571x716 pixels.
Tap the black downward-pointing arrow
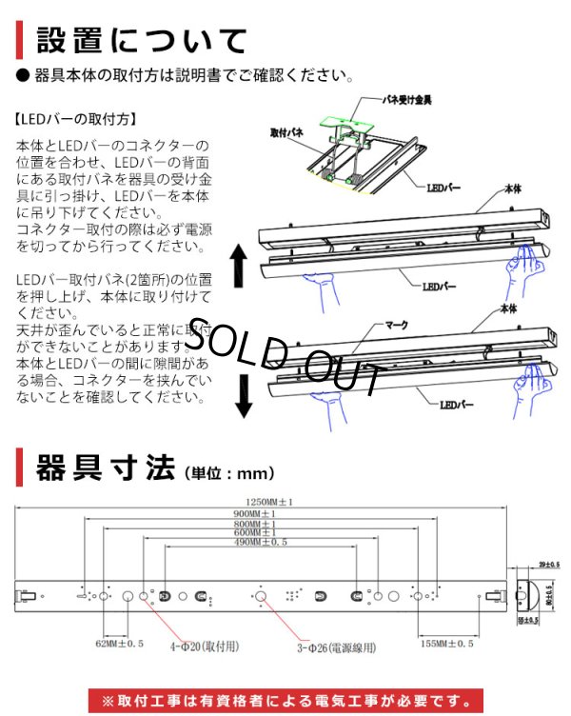pos(244,396)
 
